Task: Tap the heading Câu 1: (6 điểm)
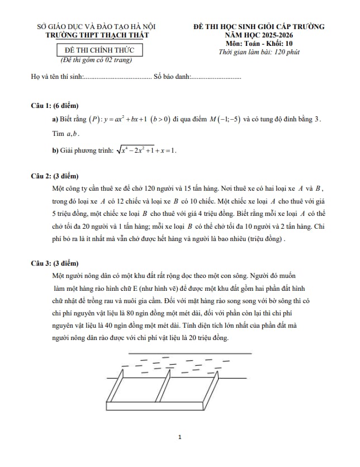[55, 106]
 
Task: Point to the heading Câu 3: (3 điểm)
[55, 262]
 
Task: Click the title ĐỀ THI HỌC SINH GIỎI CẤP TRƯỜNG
[258, 26]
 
